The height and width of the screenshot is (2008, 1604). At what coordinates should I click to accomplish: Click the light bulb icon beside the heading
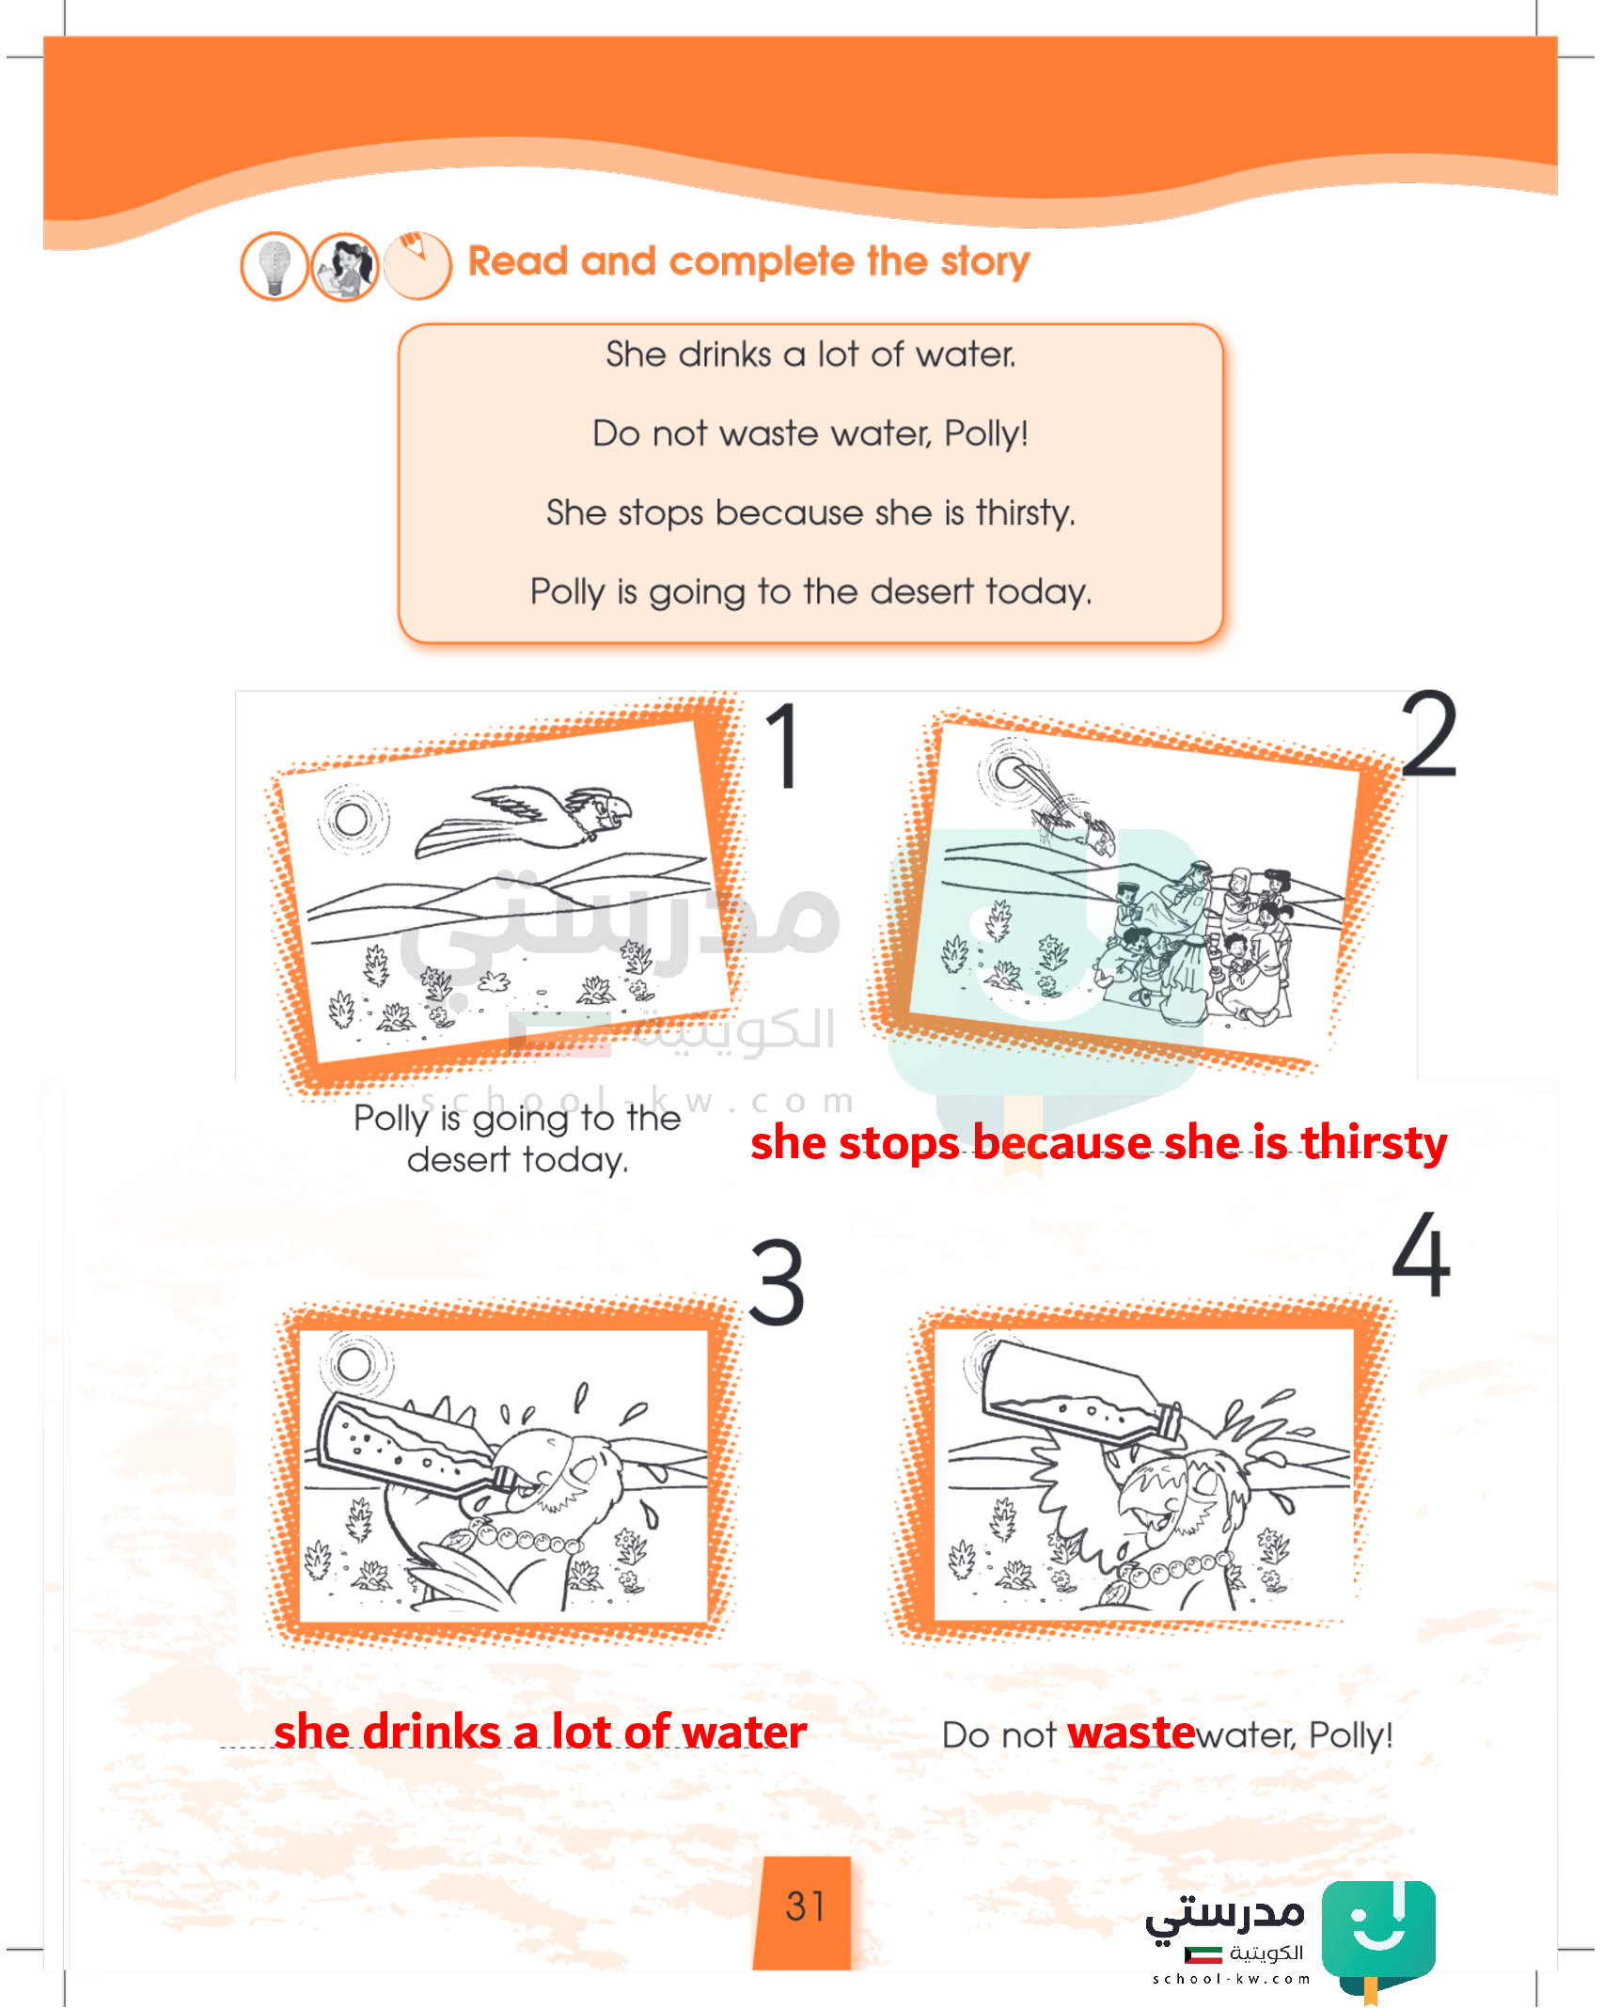click(274, 267)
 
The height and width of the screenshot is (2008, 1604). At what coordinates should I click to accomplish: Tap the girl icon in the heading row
click(345, 267)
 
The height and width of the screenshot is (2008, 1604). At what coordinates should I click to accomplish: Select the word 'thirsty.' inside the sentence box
click(1025, 513)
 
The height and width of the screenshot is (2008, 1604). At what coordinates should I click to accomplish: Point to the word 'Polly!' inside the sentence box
click(986, 434)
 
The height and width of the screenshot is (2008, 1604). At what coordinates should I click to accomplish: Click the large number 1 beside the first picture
click(782, 746)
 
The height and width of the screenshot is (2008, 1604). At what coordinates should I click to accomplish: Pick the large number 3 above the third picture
click(777, 1282)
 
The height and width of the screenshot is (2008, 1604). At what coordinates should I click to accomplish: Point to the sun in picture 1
click(352, 819)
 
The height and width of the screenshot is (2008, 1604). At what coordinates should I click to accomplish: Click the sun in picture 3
click(354, 1363)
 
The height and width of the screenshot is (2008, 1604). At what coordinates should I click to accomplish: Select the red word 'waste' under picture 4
click(1132, 1733)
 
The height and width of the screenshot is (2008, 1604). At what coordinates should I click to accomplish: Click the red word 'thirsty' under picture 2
click(1375, 1143)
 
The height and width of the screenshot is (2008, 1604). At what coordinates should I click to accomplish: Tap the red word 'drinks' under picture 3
click(432, 1732)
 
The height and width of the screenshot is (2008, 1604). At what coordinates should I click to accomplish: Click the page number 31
click(806, 1906)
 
